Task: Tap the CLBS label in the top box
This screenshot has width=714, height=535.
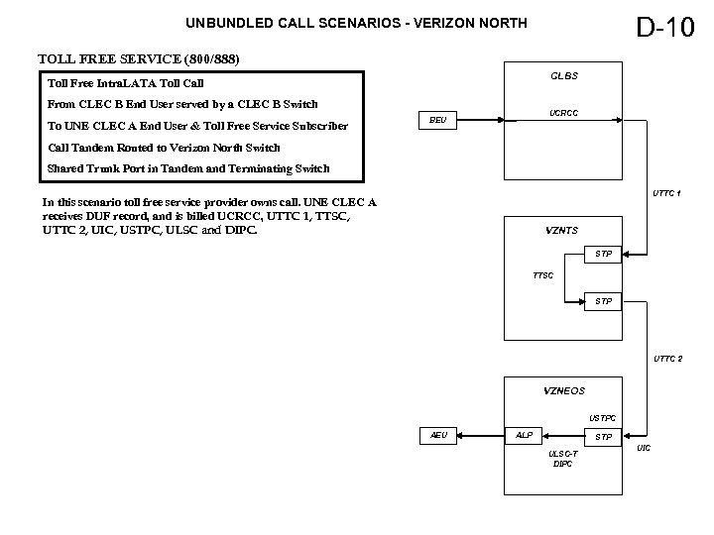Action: [x=564, y=76]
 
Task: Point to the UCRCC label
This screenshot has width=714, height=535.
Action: [x=564, y=114]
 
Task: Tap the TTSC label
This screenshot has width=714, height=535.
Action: [x=543, y=275]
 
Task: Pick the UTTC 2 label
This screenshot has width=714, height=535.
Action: [x=666, y=358]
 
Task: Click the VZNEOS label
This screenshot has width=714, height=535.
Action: [x=564, y=390]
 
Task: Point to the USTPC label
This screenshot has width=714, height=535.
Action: [x=602, y=418]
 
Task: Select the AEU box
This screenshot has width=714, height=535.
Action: [x=438, y=435]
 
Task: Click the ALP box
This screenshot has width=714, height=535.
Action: [x=524, y=435]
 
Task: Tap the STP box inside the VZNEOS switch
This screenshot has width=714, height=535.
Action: [x=602, y=436]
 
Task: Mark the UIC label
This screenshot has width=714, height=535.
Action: [x=644, y=449]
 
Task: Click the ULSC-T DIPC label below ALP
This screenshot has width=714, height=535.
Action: [x=563, y=459]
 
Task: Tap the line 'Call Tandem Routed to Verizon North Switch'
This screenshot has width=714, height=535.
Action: [x=164, y=148]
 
